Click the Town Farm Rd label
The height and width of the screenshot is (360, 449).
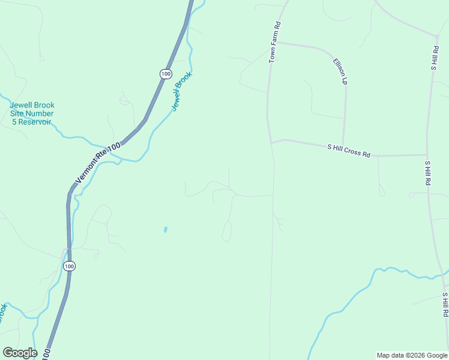(x=275, y=43)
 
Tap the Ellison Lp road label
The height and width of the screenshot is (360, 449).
(x=340, y=71)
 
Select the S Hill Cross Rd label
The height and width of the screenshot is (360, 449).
(x=348, y=150)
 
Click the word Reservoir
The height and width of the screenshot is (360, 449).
(x=34, y=122)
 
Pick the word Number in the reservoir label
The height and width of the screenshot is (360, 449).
(x=40, y=113)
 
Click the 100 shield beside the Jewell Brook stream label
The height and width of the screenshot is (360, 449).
(x=166, y=74)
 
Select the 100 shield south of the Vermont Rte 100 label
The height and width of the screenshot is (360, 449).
(x=70, y=266)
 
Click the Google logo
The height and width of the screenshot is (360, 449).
(x=20, y=353)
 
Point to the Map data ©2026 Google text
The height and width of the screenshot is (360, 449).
(x=412, y=355)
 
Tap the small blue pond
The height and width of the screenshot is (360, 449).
(x=165, y=229)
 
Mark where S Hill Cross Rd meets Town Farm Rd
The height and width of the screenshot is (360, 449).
(x=271, y=142)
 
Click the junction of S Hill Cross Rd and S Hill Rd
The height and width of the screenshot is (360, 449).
(x=427, y=155)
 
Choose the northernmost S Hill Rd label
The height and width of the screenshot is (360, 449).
(x=434, y=58)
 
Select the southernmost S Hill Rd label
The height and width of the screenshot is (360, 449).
(x=445, y=305)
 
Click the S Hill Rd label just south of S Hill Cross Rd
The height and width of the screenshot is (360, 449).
(x=427, y=173)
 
